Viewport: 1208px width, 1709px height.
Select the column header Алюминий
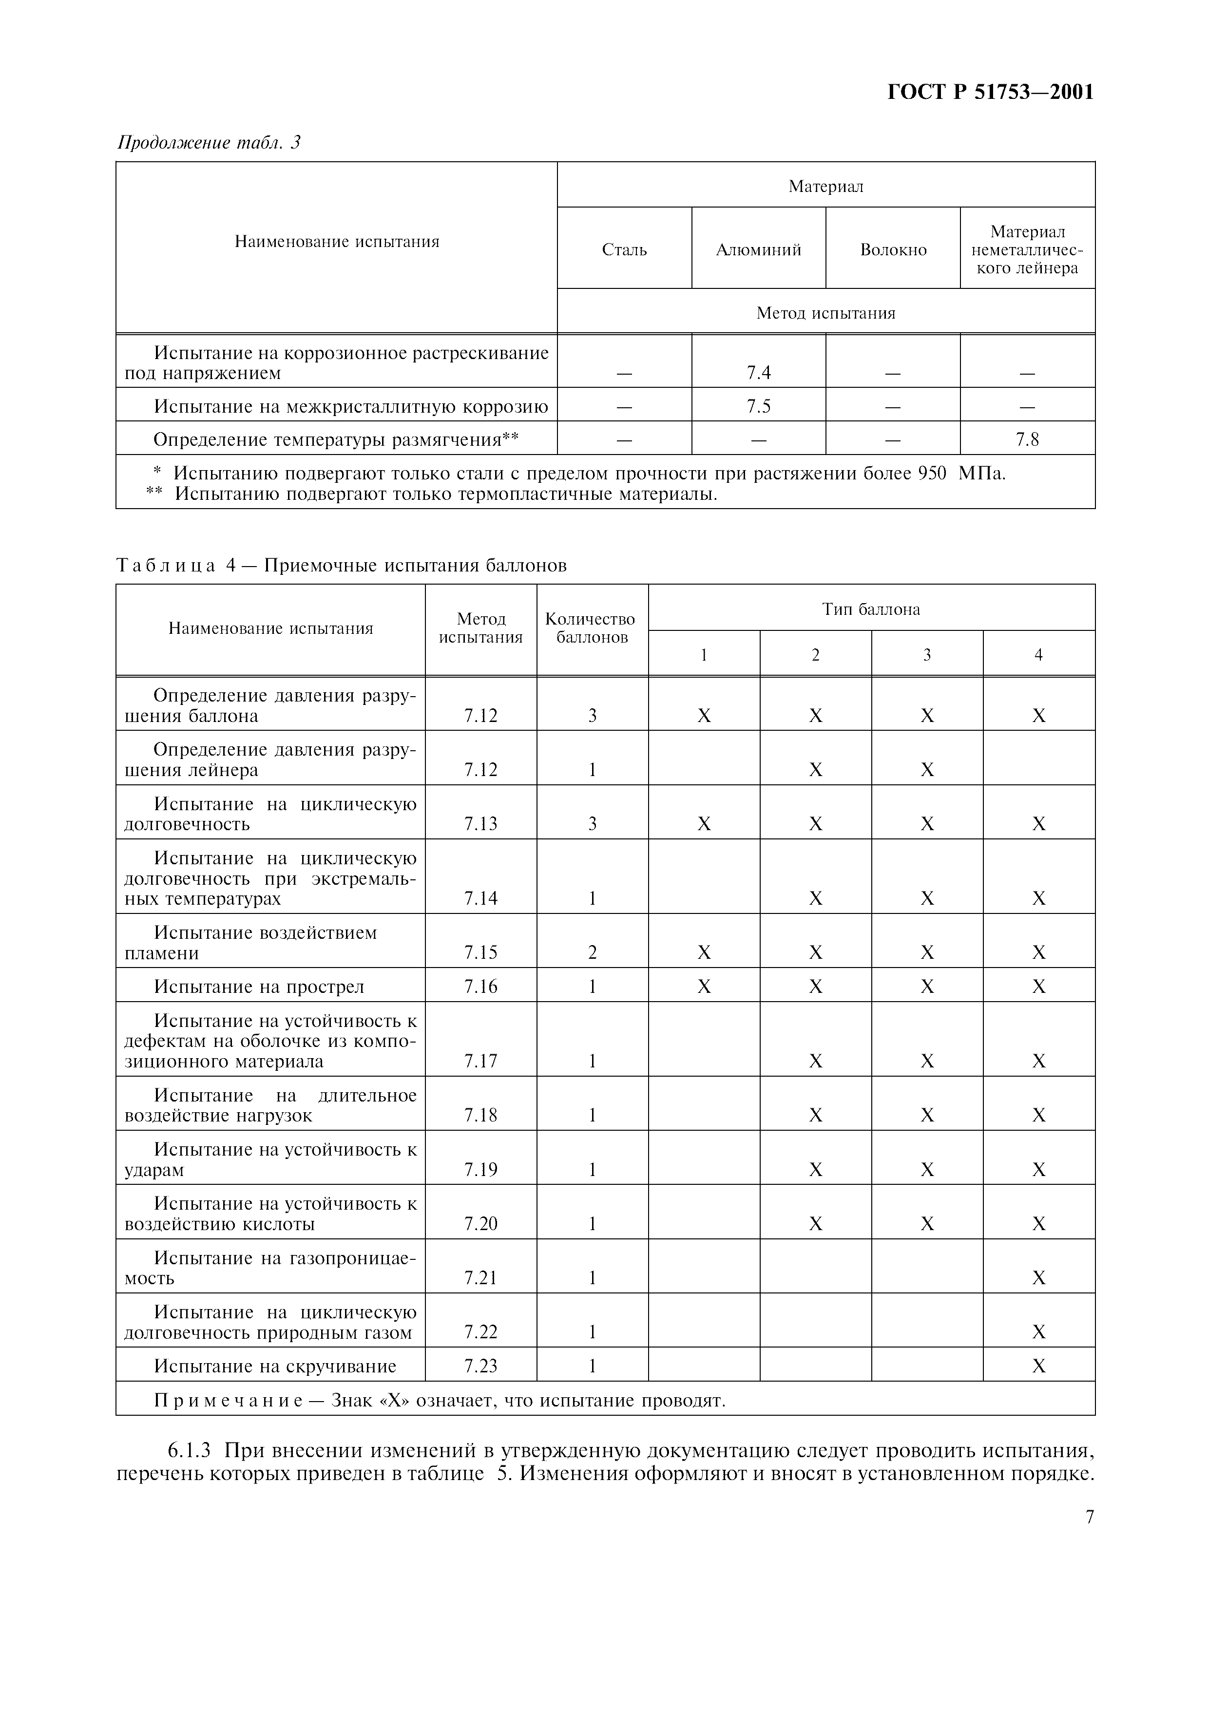758,250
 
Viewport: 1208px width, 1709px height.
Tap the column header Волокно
893,250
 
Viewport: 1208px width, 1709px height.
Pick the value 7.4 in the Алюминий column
758,373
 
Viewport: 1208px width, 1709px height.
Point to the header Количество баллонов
592,628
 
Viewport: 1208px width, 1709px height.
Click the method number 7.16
481,986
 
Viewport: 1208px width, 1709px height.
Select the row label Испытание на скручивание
275,1366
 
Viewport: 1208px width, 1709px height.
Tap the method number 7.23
481,1366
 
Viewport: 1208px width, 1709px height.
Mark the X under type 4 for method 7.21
1039,1278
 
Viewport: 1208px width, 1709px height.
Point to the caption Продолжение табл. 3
209,142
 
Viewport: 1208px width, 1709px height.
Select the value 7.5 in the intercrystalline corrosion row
758,406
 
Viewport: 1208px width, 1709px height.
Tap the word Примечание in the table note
227,1401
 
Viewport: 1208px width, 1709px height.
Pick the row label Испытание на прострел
259,986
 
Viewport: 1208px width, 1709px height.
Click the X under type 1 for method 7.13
704,824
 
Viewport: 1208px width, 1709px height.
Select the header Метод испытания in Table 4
481,628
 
